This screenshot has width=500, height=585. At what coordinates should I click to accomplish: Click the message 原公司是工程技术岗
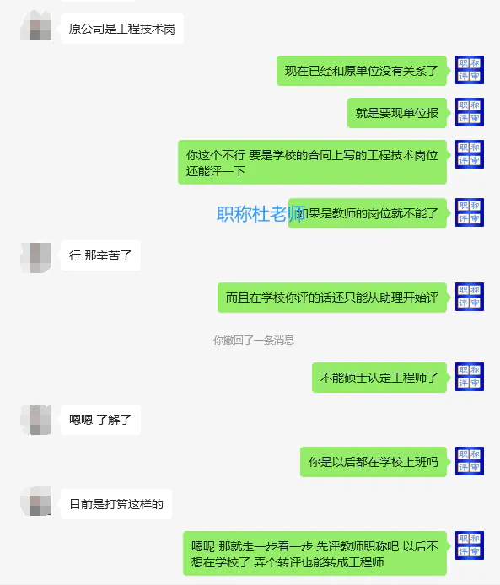point(122,29)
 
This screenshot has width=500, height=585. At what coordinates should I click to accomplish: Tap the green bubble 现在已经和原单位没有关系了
point(361,71)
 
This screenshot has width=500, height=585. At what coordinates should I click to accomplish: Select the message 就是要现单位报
point(396,113)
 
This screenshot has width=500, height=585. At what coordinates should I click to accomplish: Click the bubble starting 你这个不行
point(312,163)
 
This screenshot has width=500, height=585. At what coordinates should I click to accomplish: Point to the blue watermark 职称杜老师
point(261,214)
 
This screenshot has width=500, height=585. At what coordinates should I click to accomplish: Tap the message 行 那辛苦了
point(100,255)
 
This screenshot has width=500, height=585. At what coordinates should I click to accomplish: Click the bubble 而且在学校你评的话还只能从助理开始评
point(331,298)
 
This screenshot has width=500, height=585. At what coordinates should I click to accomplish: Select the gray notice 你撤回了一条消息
point(253,340)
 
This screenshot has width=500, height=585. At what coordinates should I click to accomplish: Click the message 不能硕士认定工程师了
point(379,378)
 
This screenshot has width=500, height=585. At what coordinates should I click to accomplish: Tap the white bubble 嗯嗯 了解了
point(100,420)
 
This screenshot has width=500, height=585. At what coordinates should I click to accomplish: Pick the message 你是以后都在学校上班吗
point(374,462)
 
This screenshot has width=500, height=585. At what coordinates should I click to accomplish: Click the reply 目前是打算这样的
point(116,504)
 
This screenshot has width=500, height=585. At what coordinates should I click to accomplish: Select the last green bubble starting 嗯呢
point(315,554)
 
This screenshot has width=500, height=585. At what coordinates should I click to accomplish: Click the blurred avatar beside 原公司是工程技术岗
point(35,26)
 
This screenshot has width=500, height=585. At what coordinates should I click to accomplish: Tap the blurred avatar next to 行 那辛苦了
point(35,257)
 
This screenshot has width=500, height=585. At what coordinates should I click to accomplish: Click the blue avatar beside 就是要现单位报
point(470,112)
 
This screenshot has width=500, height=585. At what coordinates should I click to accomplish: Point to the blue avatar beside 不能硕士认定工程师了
point(470,377)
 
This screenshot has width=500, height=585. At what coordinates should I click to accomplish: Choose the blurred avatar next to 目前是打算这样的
point(35,501)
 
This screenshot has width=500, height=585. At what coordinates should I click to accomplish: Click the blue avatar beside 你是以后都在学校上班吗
point(470,461)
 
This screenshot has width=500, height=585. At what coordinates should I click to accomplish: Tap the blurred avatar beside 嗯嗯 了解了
point(35,420)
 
